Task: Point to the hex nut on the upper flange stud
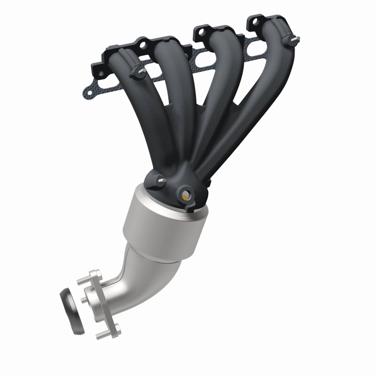(96, 274)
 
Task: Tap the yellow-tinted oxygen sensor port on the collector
(186, 194)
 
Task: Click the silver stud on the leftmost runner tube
(140, 72)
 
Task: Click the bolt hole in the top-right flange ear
(255, 21)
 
